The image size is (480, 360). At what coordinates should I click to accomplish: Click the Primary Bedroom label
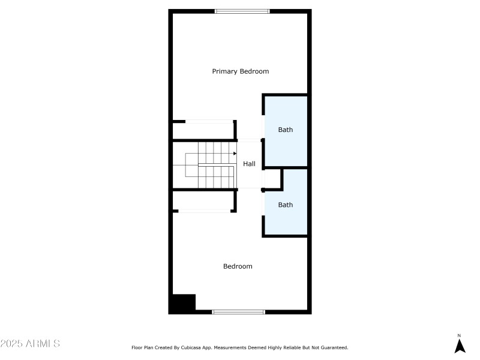point(240,71)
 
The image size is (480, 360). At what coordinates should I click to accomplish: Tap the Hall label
point(249,163)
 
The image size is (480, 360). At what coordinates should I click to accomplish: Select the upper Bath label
point(286,130)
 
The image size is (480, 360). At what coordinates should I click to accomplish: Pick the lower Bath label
point(286,205)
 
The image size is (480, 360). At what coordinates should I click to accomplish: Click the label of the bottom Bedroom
point(238,266)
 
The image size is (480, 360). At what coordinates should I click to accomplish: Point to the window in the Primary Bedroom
point(242,11)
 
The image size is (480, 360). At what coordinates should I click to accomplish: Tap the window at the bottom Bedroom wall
point(239,311)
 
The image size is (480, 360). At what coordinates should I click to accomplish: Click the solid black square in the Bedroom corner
point(183,303)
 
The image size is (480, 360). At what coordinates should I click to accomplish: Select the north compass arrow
point(460,346)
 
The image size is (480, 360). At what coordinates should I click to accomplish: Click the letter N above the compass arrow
point(460,335)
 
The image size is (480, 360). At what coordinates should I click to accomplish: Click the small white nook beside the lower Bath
point(272,178)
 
